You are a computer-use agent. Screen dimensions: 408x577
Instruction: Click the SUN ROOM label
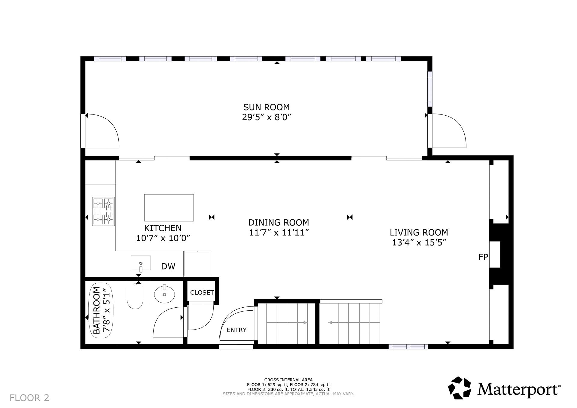[266, 107]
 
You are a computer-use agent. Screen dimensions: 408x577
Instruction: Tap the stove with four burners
[103, 212]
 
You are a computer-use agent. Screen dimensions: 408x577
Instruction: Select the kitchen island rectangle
[169, 208]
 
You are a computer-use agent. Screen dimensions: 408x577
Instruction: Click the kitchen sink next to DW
[141, 263]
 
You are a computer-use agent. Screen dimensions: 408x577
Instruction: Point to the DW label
[168, 266]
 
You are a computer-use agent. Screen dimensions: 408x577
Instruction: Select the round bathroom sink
[164, 294]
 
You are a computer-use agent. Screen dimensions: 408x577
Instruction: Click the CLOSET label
[202, 292]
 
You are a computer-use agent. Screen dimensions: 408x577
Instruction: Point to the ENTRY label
[237, 330]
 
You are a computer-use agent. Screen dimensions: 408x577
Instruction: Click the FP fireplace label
[483, 257]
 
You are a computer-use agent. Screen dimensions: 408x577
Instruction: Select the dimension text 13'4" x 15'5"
[419, 242]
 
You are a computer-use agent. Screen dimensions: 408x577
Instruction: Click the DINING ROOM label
[279, 223]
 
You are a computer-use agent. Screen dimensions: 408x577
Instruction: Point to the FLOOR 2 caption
[29, 398]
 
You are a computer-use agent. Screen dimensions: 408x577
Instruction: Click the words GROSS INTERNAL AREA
[288, 380]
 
